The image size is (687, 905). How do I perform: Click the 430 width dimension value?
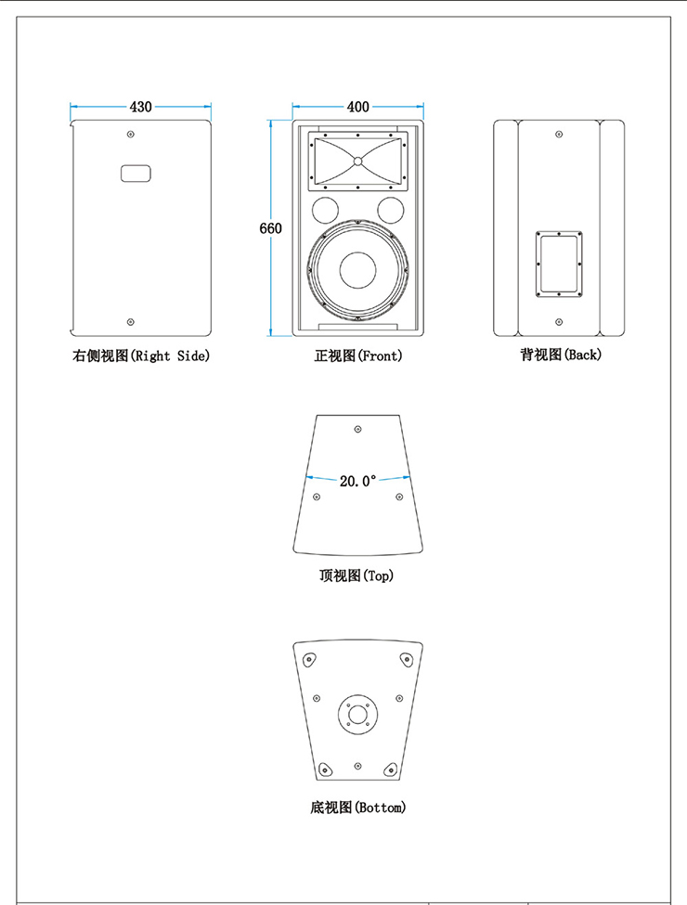[x=141, y=108]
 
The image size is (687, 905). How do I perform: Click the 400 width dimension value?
[x=357, y=108]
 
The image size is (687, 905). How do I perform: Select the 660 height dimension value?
[x=270, y=228]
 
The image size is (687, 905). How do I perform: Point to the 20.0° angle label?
[x=357, y=481]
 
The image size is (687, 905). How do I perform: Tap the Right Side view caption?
[x=141, y=356]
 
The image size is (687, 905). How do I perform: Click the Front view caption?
[x=358, y=356]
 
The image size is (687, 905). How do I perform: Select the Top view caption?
[x=356, y=575]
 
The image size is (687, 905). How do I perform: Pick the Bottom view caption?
[x=357, y=808]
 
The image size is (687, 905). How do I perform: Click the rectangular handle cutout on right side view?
[x=136, y=174]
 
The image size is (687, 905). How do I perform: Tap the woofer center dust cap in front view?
[x=358, y=270]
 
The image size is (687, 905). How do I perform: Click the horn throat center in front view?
[x=357, y=162]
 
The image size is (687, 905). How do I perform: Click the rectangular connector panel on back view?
[x=558, y=264]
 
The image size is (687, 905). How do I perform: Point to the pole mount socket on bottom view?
[x=357, y=713]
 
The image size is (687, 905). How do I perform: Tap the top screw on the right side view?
[x=130, y=136]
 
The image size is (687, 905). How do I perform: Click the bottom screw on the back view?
[x=558, y=321]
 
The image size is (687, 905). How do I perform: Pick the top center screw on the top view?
[x=358, y=429]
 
